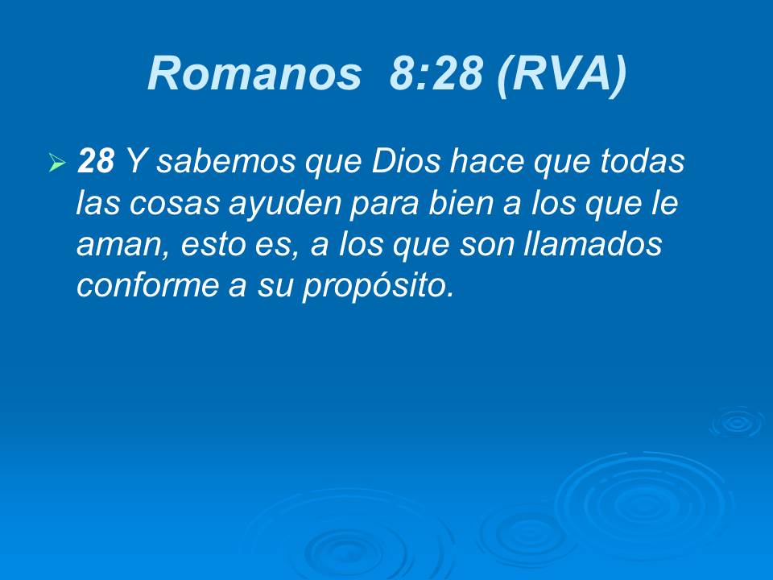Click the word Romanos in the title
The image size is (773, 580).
tap(254, 75)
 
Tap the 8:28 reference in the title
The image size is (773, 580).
tap(435, 75)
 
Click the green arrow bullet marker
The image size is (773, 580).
tap(56, 164)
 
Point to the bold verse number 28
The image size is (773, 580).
tap(96, 162)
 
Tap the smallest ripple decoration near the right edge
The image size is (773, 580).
tap(736, 422)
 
